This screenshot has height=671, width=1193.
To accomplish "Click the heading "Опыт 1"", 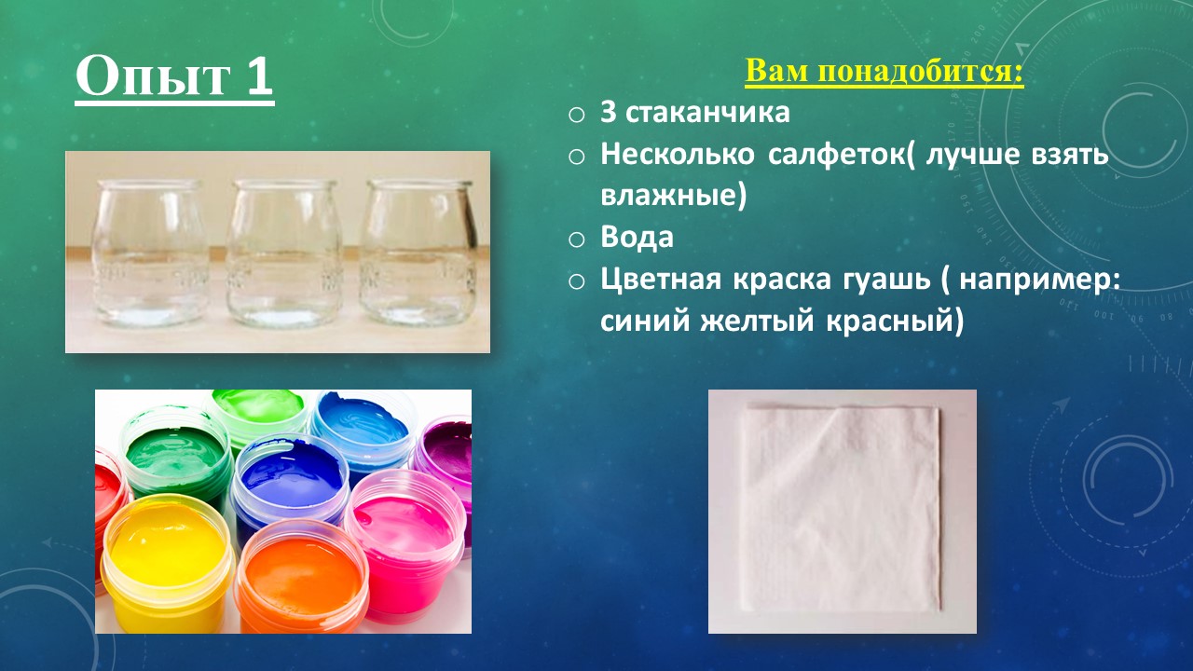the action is (x=174, y=77).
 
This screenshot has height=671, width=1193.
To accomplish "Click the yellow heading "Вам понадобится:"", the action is (x=884, y=72).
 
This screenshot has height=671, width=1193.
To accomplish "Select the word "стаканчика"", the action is (x=707, y=113).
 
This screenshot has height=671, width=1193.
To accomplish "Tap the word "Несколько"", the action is (x=678, y=155).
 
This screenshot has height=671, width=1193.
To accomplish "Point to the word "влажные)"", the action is (x=674, y=196).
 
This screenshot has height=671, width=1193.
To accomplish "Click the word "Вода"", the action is (x=637, y=238).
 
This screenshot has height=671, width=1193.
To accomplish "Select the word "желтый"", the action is (x=758, y=322).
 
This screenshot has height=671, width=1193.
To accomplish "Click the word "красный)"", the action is (x=896, y=322).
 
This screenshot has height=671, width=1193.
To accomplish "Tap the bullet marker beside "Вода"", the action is (x=576, y=240).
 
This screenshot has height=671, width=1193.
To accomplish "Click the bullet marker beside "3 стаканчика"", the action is (x=576, y=115).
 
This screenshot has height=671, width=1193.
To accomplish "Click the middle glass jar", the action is (x=284, y=253).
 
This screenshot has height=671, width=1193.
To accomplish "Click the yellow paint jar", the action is (x=168, y=562).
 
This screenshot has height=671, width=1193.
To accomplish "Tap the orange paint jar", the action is (x=301, y=577).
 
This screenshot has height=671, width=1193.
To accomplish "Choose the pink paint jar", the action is (x=405, y=543).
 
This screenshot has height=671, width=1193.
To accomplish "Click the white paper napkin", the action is (x=842, y=510).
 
